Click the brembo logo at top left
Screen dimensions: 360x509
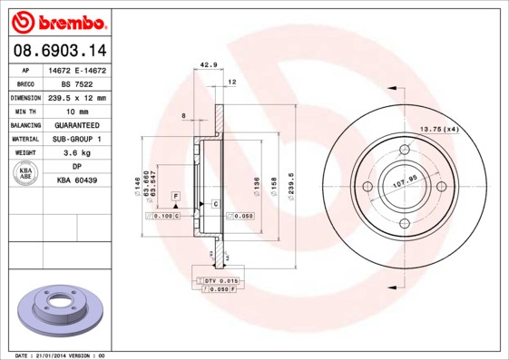point(58,20)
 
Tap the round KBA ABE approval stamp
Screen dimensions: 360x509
point(26,174)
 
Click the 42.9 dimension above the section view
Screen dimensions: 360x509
point(209,64)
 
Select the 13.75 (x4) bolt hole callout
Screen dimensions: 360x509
point(438,129)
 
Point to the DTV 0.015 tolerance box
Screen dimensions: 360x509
point(220,280)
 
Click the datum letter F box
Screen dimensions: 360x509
point(175,196)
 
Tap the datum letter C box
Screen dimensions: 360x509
point(216,203)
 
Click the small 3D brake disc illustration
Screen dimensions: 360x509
point(58,312)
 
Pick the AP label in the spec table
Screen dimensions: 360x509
point(26,70)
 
